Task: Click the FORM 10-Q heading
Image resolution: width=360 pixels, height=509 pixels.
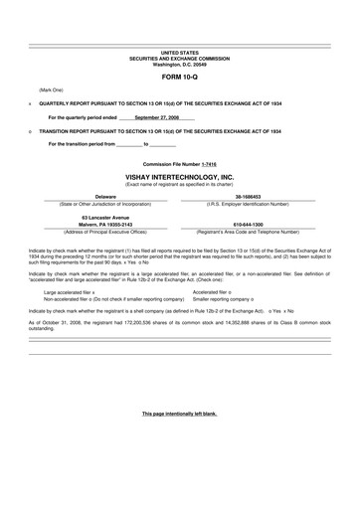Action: (x=179, y=76)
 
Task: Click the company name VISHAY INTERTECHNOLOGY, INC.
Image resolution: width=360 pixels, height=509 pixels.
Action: (x=179, y=176)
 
